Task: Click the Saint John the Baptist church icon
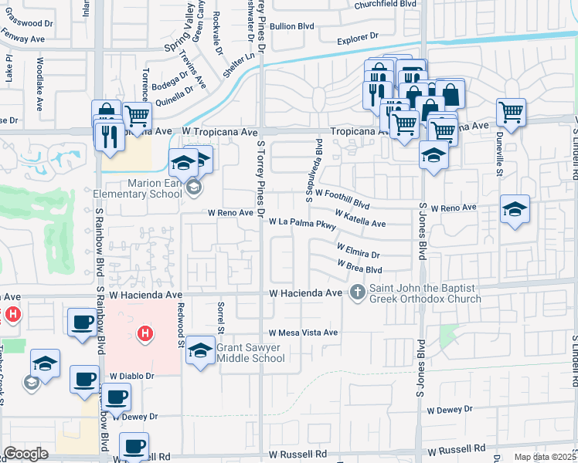point(357,292)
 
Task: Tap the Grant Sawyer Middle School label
point(250,353)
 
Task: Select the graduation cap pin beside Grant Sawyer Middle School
point(200,350)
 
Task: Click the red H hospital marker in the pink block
point(143,333)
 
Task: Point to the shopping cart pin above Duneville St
point(511,112)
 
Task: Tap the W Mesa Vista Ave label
point(304,333)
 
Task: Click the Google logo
point(25,454)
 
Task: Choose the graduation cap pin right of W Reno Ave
point(515,209)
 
